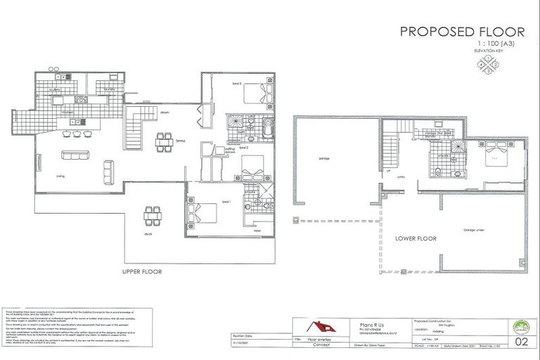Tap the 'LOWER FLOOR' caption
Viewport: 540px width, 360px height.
(415, 238)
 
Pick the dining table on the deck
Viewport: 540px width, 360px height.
(150, 214)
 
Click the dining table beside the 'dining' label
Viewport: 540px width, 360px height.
(163, 141)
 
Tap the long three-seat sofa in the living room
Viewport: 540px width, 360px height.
(72, 155)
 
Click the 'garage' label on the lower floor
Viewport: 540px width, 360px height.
(324, 159)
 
